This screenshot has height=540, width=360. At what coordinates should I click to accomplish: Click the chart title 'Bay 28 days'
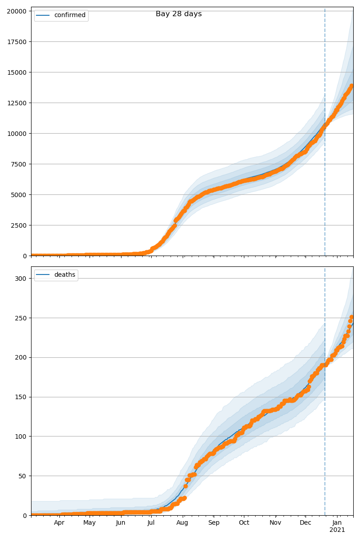[179, 14]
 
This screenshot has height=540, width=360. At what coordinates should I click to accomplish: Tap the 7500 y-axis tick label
[18, 164]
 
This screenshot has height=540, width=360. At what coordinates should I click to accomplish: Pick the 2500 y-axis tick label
[18, 225]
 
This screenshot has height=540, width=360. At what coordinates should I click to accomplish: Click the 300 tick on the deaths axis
[22, 278]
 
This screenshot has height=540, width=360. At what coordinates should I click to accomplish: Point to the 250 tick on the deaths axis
[22, 318]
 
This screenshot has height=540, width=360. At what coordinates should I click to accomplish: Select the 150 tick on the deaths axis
[22, 397]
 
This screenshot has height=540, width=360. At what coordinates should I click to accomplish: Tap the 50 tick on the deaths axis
[23, 476]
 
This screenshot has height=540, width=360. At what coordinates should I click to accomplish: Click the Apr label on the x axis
[59, 523]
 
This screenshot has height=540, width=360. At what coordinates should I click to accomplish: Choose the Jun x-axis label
[121, 523]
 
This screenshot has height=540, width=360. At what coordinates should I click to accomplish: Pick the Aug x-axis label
[182, 523]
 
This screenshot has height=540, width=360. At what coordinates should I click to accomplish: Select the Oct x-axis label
[244, 523]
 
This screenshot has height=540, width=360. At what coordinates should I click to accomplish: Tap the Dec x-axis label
[306, 523]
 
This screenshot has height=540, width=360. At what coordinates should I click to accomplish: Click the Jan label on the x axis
[337, 523]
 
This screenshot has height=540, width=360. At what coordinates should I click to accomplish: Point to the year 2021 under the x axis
[337, 530]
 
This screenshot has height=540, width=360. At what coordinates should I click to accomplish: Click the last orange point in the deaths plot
[352, 317]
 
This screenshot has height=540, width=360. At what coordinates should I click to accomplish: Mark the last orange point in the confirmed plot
[352, 85]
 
